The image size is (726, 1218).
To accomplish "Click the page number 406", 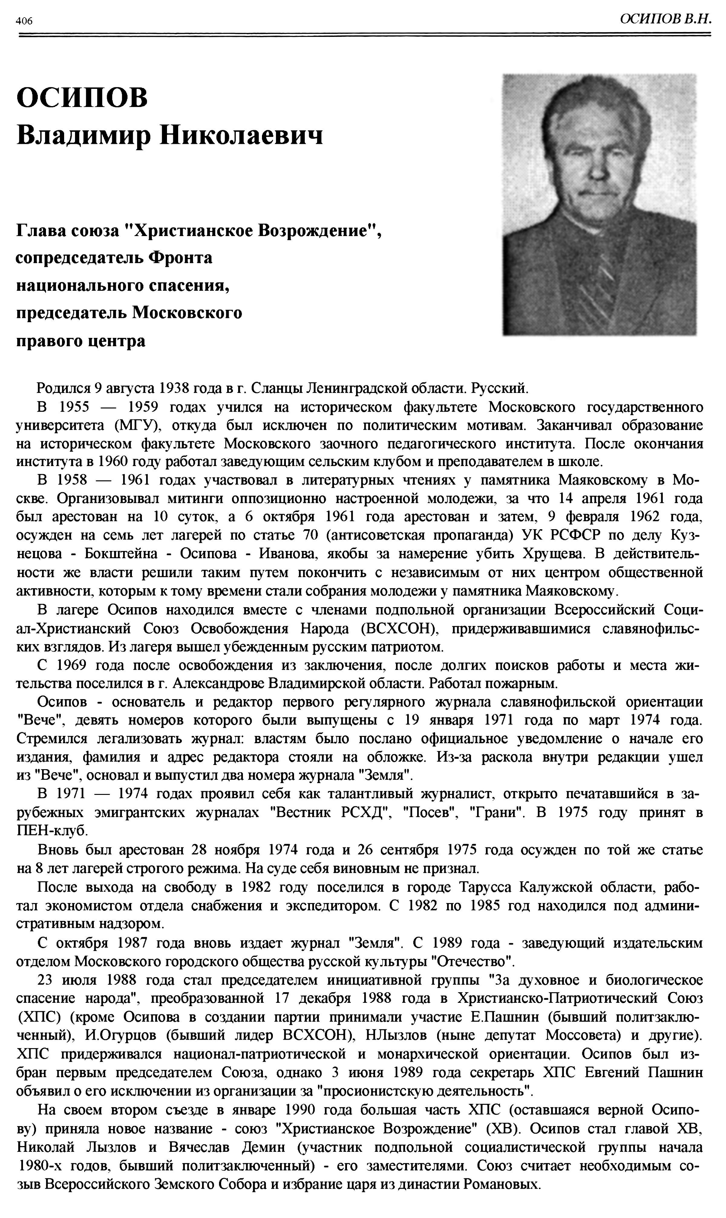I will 24,21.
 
